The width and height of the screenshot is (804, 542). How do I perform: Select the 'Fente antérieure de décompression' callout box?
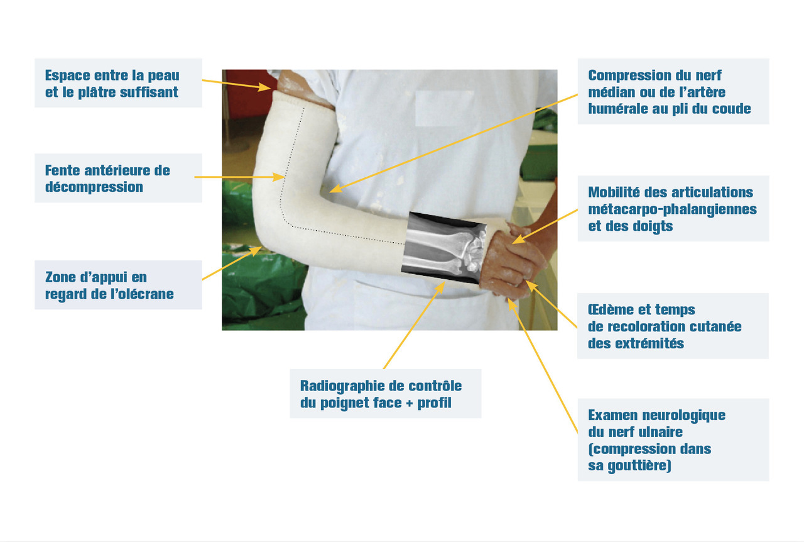118,178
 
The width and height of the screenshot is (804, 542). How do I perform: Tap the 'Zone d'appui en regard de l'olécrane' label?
118,285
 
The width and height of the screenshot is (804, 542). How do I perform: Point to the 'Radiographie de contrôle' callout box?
386,394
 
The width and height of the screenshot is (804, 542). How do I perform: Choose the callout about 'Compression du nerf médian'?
673,91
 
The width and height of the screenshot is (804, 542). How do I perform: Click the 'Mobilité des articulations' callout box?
673,209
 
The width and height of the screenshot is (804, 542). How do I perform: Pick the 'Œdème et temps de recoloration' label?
673,326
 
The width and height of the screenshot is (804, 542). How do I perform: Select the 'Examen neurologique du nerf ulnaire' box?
673,440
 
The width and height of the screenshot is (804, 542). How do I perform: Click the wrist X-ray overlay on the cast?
443,248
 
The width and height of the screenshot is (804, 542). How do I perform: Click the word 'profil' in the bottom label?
434,403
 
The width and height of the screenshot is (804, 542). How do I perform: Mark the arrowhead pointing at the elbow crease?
335,189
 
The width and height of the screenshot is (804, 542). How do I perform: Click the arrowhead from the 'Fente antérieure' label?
278,177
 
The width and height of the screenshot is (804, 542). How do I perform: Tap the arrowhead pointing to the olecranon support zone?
256,250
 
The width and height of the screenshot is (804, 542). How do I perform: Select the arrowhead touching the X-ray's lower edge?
440,287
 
